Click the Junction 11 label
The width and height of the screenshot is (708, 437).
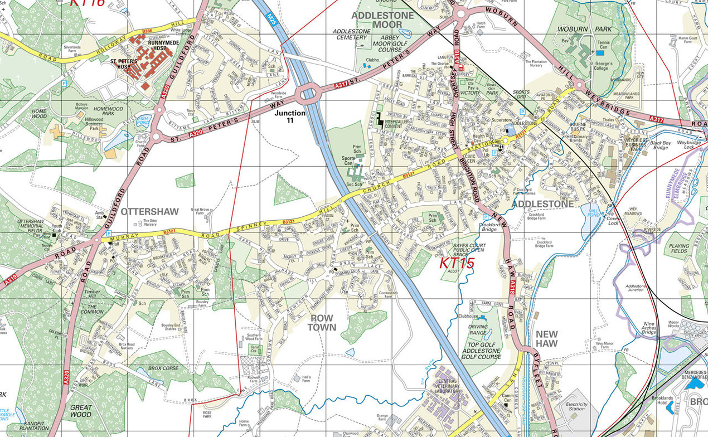[x=290, y=116]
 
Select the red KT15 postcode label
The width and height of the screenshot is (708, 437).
[x=457, y=263]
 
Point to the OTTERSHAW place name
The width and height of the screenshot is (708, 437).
[x=149, y=212]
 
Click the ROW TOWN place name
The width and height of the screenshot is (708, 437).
[x=322, y=322]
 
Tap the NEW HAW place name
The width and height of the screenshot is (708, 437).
[x=546, y=339]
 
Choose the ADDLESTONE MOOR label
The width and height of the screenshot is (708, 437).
[x=383, y=20]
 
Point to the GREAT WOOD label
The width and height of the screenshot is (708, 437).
[x=81, y=411]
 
